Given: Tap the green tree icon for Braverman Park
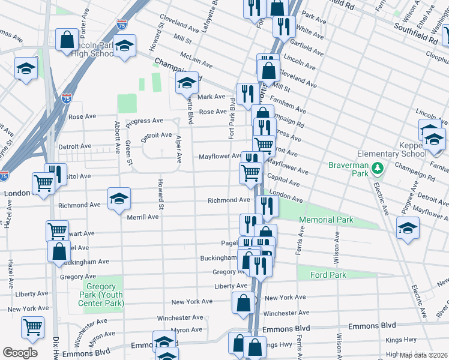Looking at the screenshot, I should (x=377, y=166).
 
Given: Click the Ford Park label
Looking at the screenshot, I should (x=328, y=275).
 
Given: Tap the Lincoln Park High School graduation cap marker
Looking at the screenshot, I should (x=124, y=46).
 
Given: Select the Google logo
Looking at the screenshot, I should (x=20, y=353).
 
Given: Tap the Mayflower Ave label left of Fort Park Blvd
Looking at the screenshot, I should (x=220, y=157).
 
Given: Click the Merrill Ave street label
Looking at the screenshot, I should (x=142, y=217).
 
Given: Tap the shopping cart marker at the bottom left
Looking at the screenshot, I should (x=32, y=327).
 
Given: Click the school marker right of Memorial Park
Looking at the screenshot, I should (x=408, y=228).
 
